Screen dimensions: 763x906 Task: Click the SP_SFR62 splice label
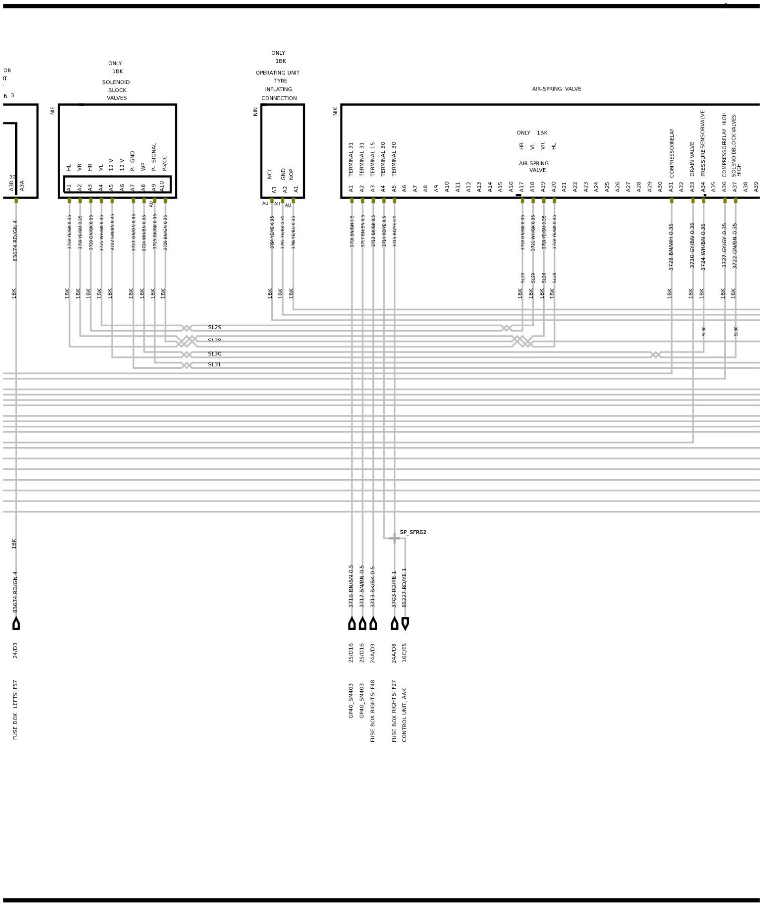(412, 532)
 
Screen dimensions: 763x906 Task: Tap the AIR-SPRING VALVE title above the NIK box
(557, 89)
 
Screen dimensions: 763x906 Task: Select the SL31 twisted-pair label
(214, 365)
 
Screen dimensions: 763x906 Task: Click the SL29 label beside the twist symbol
(214, 328)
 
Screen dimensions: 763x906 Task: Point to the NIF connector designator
(52, 111)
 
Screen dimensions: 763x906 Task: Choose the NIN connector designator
(255, 111)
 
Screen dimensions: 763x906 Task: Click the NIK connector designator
(335, 111)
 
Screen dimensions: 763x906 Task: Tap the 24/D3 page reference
(15, 650)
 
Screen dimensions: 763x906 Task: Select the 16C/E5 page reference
(404, 653)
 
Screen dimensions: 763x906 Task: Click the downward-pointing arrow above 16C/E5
(405, 623)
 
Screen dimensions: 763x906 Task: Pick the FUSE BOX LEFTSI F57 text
(15, 710)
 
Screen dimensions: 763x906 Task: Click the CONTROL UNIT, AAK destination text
(404, 715)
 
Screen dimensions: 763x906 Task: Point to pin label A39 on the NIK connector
(756, 186)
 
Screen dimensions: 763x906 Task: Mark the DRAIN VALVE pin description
(692, 159)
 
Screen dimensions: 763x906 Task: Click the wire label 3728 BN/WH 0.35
(671, 247)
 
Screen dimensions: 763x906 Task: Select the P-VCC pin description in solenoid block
(165, 163)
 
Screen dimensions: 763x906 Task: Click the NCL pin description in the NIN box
(269, 173)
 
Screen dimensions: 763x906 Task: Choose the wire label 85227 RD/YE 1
(404, 587)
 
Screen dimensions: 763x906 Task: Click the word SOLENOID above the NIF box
(116, 82)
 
